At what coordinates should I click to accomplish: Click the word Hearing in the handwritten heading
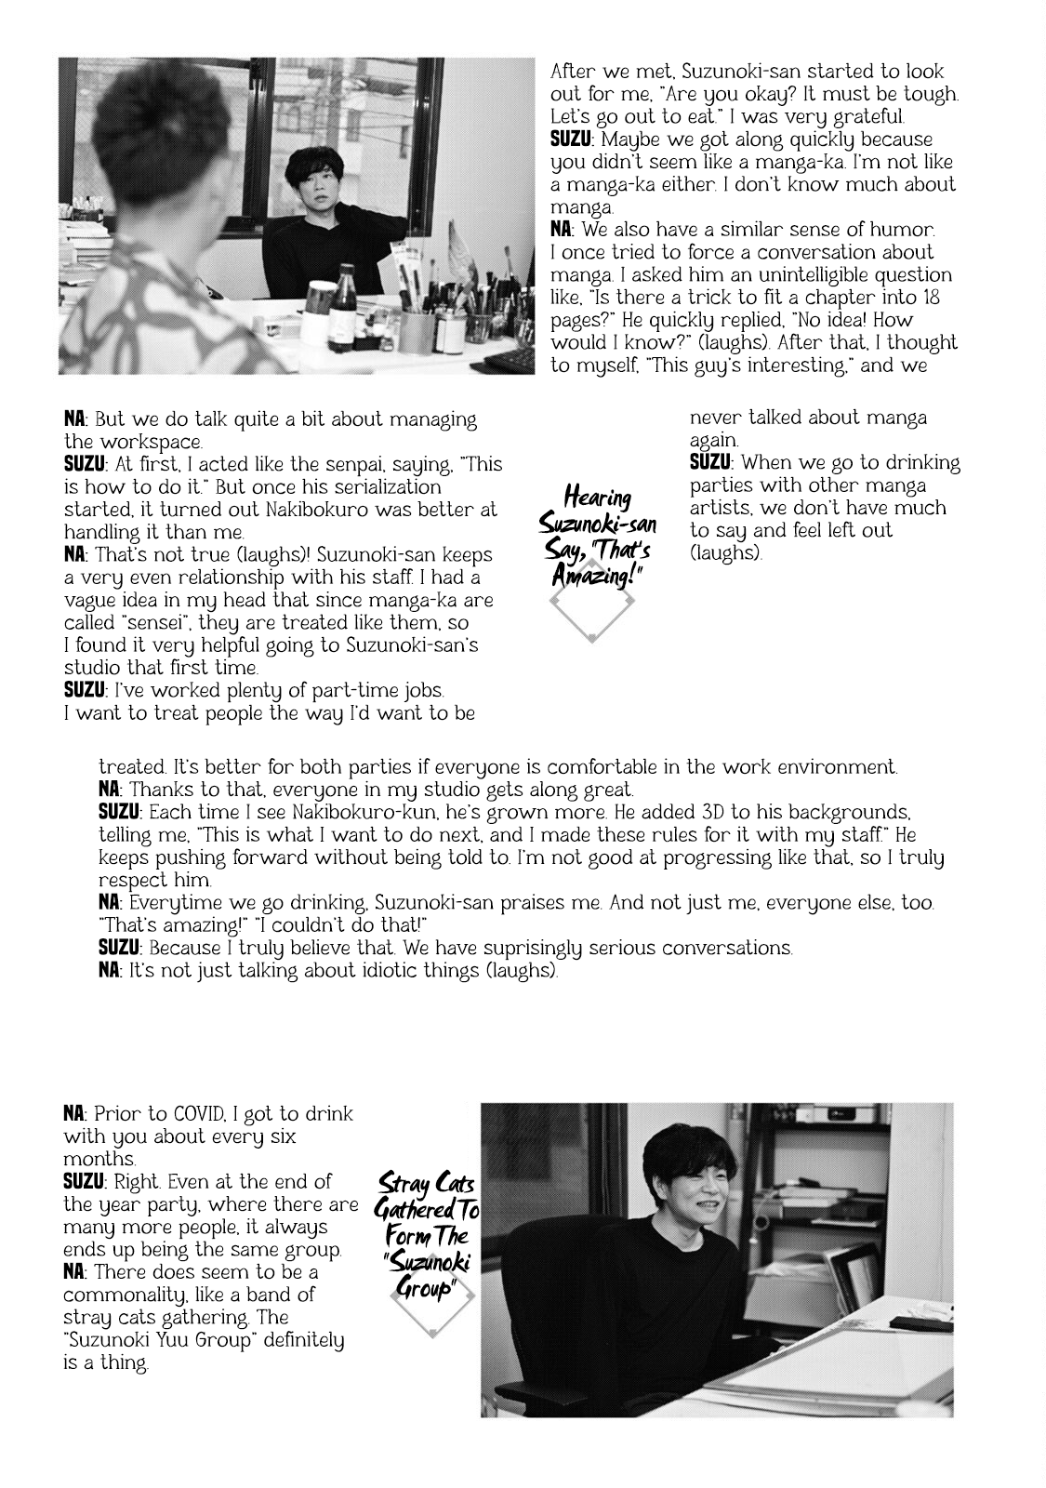coord(597,498)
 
